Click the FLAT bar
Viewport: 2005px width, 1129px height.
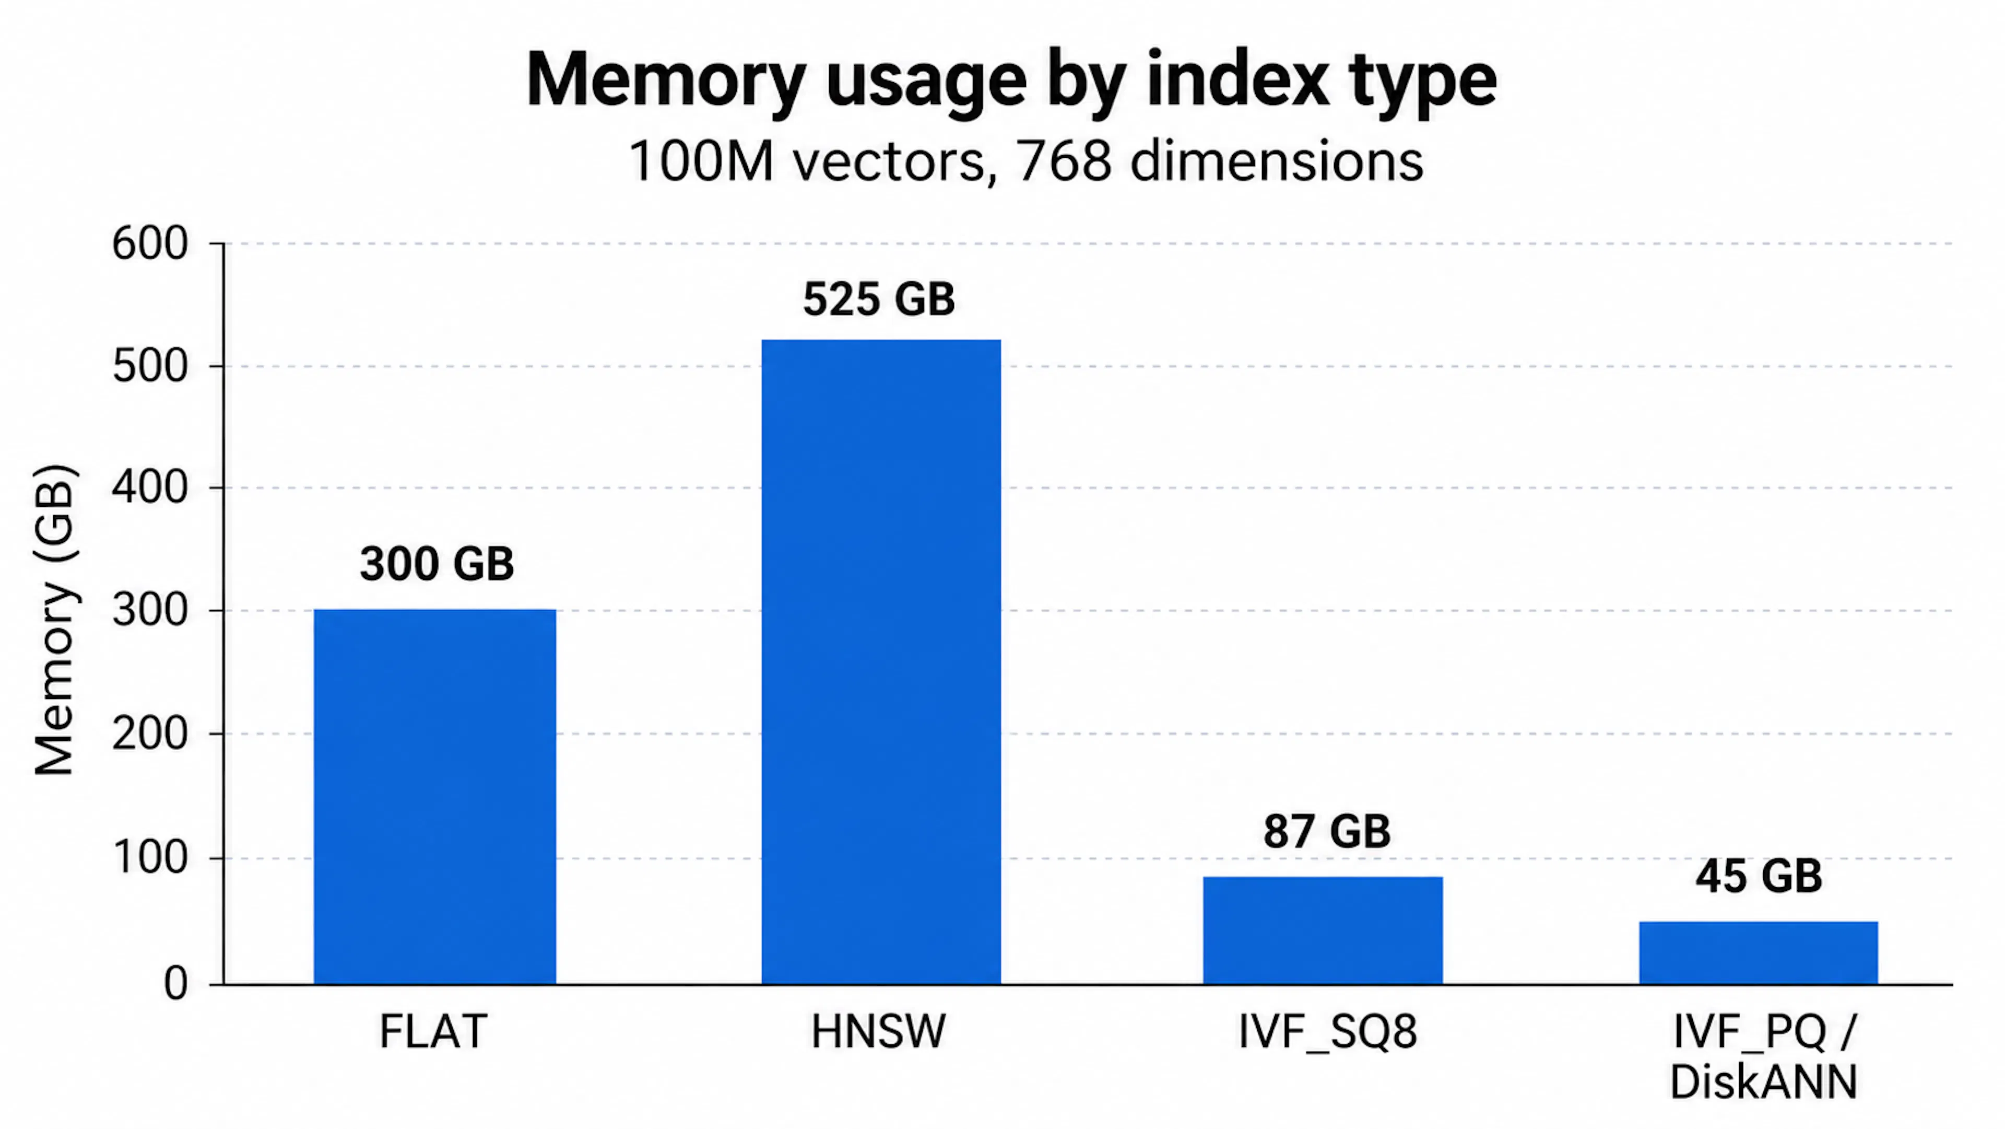click(434, 797)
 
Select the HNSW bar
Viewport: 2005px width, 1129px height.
click(881, 662)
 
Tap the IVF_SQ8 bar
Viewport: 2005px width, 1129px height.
click(1323, 930)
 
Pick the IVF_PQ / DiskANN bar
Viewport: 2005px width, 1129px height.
click(1758, 953)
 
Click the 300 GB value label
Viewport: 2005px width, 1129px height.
click(437, 564)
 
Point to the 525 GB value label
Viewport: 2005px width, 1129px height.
click(879, 299)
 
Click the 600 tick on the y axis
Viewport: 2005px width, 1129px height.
click(150, 243)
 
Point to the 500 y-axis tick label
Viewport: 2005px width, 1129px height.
click(150, 366)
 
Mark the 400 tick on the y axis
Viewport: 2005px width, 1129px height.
click(150, 488)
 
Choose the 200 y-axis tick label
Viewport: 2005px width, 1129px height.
click(150, 734)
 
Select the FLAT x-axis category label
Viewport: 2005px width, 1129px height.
click(433, 1032)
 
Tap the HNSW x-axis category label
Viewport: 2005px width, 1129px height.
click(879, 1032)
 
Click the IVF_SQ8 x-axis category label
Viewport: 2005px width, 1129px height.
click(1328, 1032)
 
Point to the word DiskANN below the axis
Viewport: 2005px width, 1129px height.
click(1764, 1081)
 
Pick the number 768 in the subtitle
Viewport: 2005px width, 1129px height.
click(1064, 162)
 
